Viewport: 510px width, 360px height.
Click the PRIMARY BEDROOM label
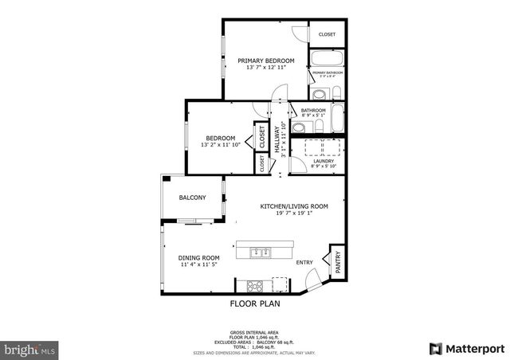(x=266, y=61)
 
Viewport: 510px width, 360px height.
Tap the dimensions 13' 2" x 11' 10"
(x=220, y=145)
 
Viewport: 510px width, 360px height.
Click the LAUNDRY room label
(x=324, y=161)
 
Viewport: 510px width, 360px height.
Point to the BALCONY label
(x=192, y=198)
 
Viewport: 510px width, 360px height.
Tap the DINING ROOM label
(x=198, y=257)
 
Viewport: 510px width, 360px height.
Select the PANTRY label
(x=337, y=264)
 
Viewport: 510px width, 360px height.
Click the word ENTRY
(x=304, y=262)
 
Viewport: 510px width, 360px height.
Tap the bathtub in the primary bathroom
(x=327, y=58)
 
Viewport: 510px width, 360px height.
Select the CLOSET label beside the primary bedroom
(x=327, y=34)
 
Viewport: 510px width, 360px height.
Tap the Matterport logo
(x=467, y=348)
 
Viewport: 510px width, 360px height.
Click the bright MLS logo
(x=30, y=349)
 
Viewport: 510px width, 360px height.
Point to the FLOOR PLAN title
(x=255, y=303)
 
